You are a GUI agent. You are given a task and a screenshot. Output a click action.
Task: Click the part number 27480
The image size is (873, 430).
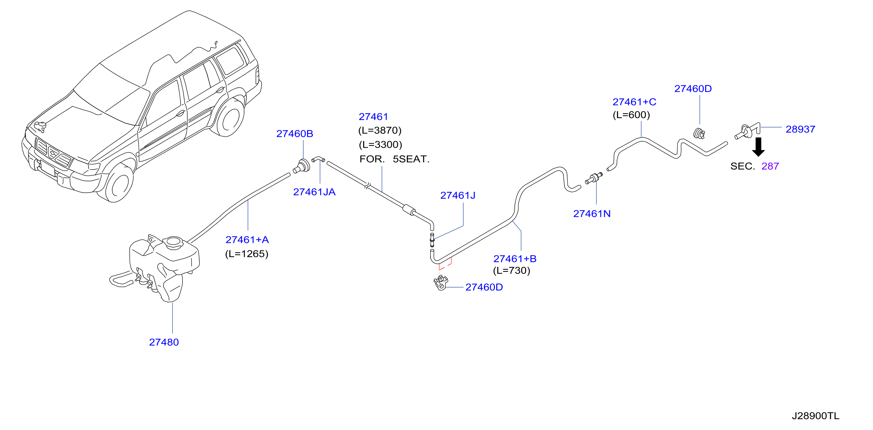[164, 342]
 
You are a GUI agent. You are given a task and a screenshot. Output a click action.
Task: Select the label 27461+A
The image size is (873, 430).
[247, 240]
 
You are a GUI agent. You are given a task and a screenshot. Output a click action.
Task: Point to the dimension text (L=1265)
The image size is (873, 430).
[247, 254]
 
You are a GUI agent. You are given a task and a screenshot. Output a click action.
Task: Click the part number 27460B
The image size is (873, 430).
[295, 134]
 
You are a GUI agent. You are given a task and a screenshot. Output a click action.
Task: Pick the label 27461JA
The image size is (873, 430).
[314, 192]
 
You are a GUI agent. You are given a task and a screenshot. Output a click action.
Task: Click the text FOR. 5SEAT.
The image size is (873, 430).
[394, 159]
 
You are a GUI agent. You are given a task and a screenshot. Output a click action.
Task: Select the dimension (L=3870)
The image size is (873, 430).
[380, 130]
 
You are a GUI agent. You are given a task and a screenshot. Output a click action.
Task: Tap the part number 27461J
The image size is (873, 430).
[458, 196]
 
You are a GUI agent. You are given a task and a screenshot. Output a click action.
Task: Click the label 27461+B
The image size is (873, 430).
[515, 259]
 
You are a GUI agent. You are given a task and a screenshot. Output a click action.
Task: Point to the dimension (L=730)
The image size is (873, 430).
[511, 271]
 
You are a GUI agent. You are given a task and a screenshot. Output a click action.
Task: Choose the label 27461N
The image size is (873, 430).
[592, 214]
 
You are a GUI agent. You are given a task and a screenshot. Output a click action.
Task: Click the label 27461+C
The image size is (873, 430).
[634, 102]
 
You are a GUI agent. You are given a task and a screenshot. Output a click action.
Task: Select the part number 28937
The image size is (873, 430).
[800, 129]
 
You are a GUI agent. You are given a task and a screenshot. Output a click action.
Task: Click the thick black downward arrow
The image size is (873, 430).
[758, 147]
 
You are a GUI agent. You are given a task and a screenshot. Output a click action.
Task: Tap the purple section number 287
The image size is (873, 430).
[770, 166]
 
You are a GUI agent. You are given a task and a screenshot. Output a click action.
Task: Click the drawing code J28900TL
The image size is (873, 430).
[815, 416]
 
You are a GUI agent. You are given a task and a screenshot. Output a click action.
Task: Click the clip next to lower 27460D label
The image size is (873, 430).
[441, 283]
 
